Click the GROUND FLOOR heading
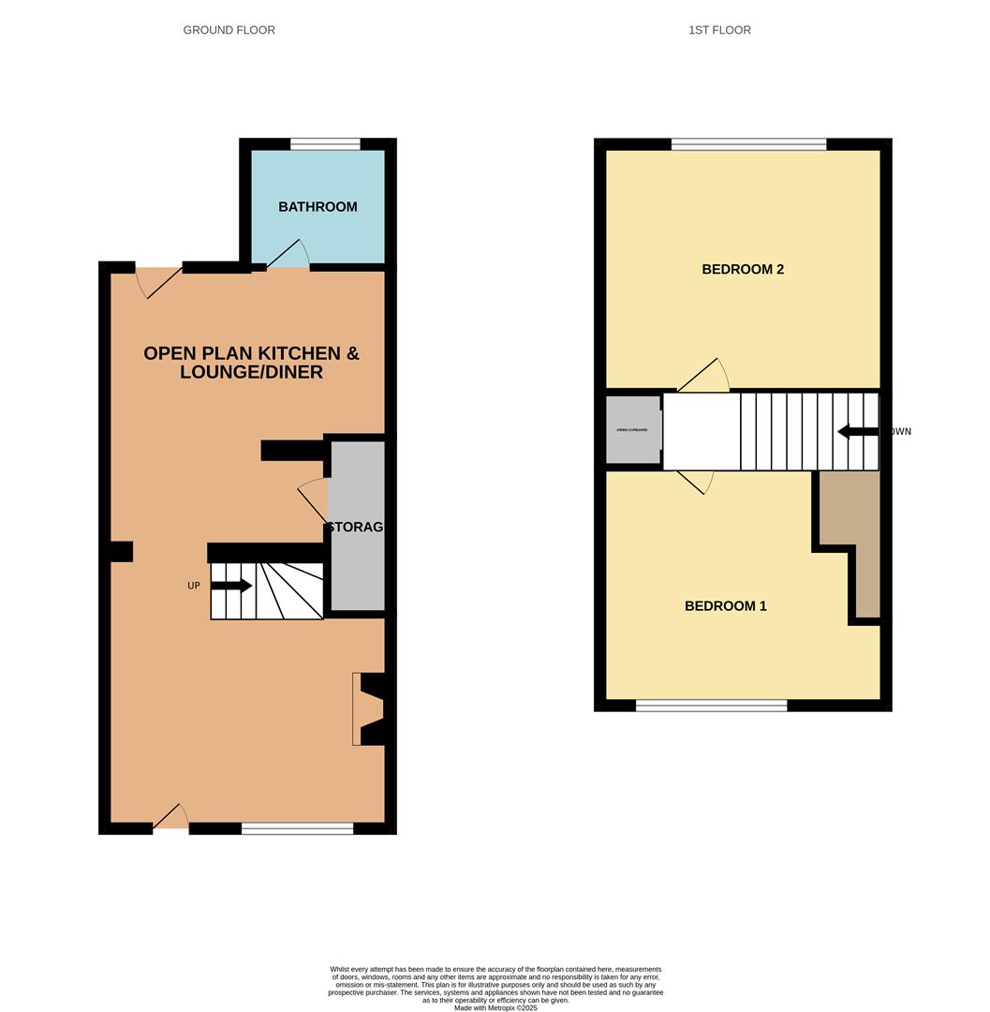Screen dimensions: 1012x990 [x=229, y=30]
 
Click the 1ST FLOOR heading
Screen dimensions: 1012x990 [x=719, y=30]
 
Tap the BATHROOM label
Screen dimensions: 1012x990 [x=318, y=207]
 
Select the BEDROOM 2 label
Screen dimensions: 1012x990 [x=743, y=270]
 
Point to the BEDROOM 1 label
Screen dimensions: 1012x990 [x=725, y=606]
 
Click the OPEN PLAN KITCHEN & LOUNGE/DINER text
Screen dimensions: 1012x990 [x=251, y=363]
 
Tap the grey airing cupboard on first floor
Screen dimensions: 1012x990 [x=632, y=430]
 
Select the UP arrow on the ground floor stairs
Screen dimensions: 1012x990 [x=231, y=586]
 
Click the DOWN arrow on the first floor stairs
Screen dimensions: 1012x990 [x=857, y=432]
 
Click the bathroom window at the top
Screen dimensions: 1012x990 [x=325, y=144]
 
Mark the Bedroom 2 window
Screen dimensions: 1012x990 [x=748, y=144]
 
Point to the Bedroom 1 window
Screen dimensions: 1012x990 [x=711, y=706]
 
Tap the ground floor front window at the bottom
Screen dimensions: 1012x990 [x=297, y=828]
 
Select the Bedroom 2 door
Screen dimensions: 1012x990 [x=704, y=377]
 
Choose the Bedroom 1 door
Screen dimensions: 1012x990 [x=694, y=482]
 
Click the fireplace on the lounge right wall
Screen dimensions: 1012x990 [x=368, y=709]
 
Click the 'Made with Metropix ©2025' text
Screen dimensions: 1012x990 [x=495, y=1008]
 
